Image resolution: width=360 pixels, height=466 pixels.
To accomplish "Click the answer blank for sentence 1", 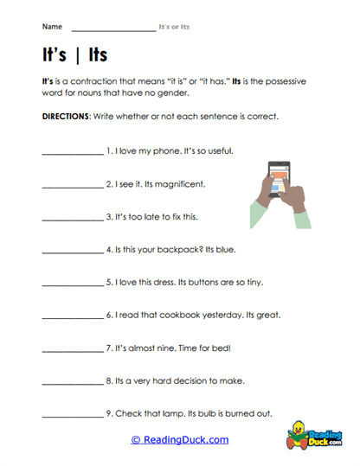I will (x=71, y=152).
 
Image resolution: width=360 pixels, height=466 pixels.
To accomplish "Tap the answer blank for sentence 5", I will (x=71, y=284).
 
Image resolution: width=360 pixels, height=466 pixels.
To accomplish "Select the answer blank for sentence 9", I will (x=71, y=415).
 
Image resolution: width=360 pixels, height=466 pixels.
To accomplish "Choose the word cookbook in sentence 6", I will (x=176, y=316).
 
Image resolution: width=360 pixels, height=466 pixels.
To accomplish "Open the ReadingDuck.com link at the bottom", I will (x=179, y=440).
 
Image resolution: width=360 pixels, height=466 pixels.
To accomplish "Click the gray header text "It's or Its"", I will (x=174, y=28).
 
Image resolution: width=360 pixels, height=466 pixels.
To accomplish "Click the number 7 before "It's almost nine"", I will (x=109, y=348).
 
